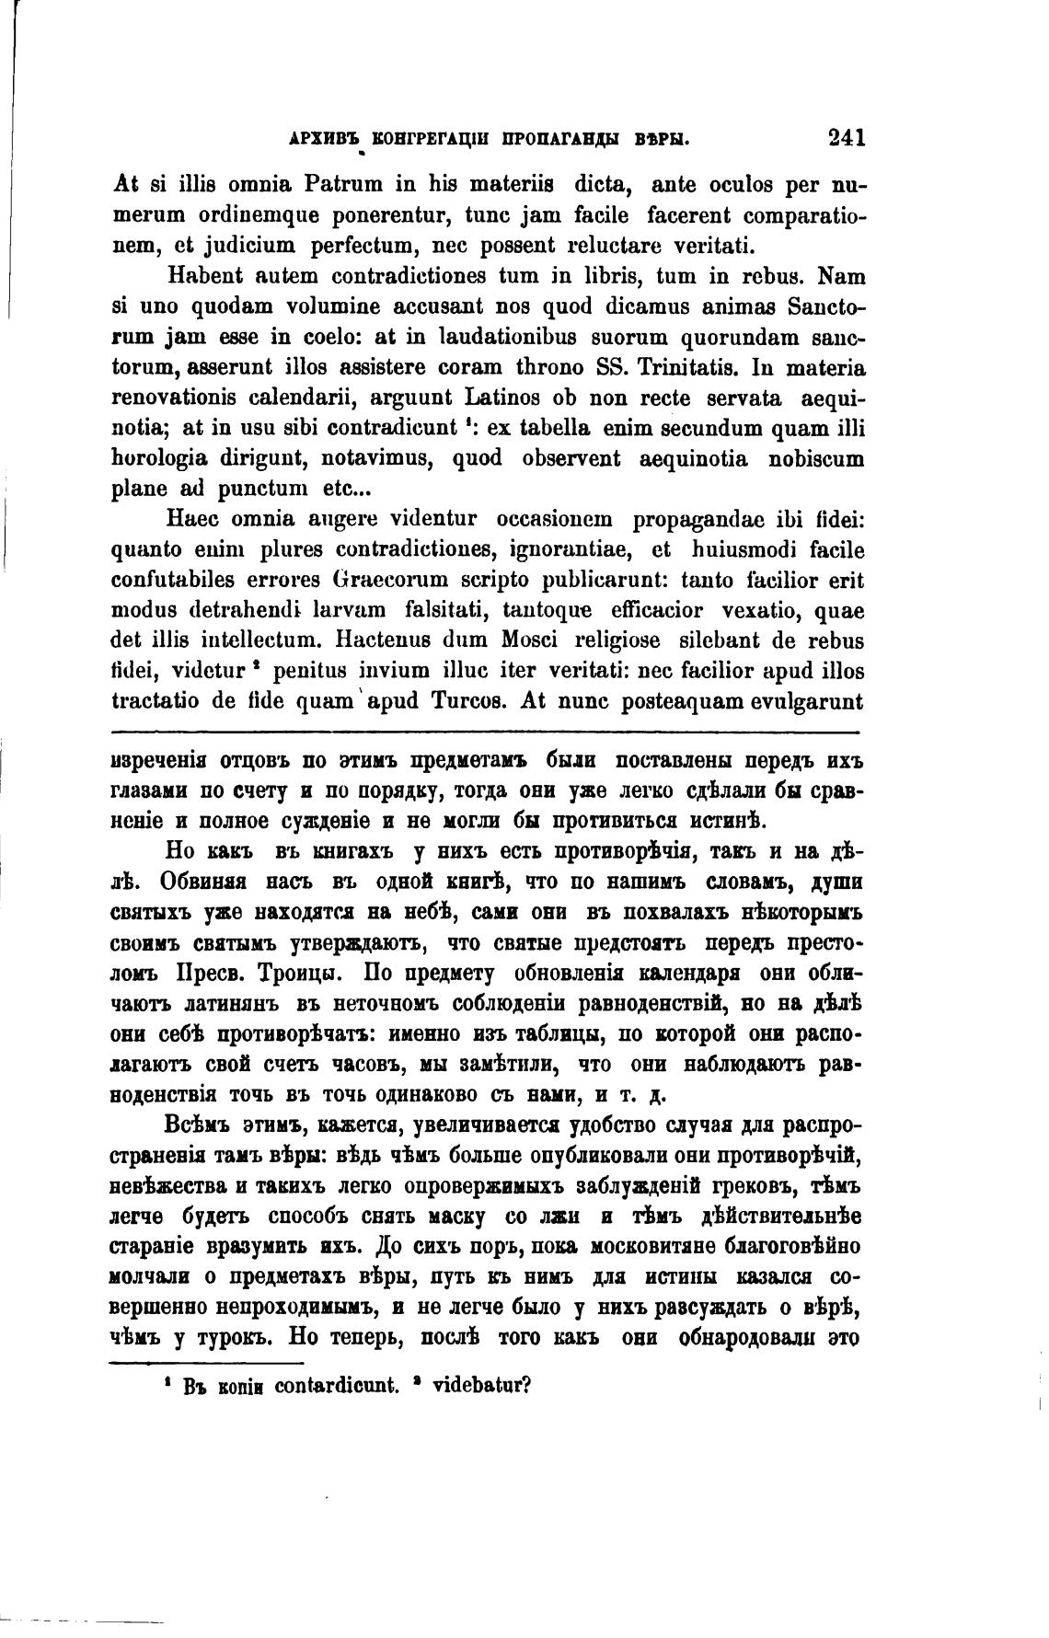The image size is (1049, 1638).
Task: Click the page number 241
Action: [846, 138]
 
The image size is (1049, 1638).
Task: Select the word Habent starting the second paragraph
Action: [203, 276]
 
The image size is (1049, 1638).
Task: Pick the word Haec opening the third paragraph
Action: [191, 519]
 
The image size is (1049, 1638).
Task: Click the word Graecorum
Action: [386, 580]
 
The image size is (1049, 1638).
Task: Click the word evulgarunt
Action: [806, 700]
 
